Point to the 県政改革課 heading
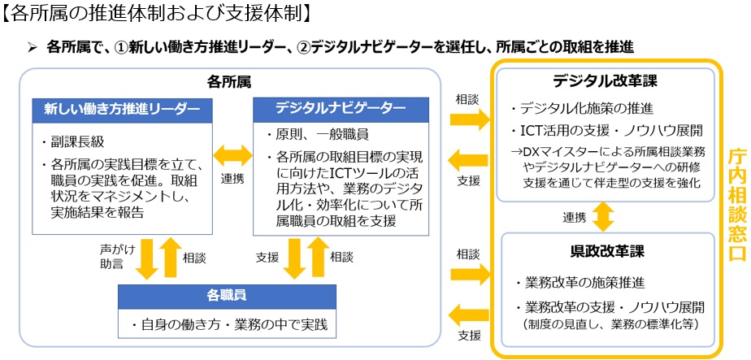[x=605, y=250]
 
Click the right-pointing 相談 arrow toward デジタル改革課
[x=470, y=119]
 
